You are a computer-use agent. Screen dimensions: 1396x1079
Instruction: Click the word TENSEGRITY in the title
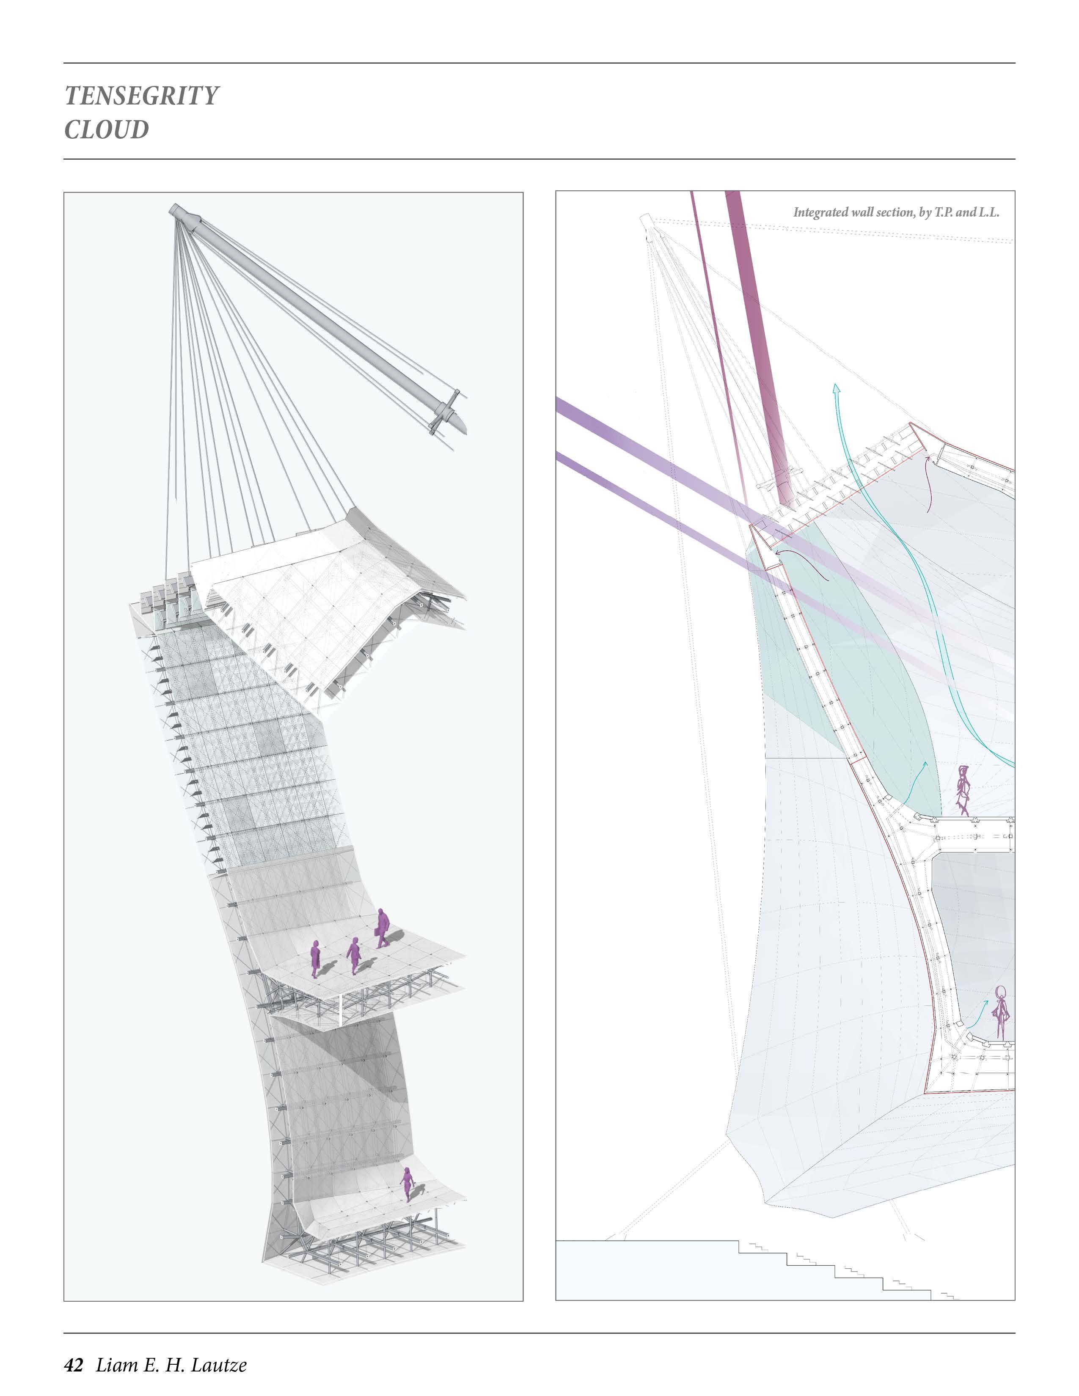[141, 96]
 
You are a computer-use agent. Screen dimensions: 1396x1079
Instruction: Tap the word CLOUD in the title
[106, 130]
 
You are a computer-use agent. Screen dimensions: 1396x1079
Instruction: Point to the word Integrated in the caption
[821, 212]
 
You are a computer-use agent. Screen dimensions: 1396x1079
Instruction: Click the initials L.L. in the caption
[988, 212]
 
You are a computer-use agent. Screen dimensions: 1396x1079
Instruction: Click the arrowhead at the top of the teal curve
[836, 387]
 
